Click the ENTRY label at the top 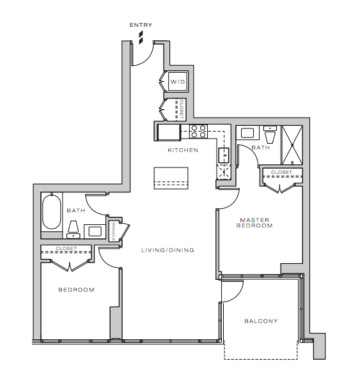(x=141, y=25)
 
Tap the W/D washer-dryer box (x=178, y=82)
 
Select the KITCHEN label (x=183, y=150)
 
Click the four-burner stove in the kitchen (x=198, y=131)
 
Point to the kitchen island (x=171, y=178)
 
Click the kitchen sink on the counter (x=224, y=155)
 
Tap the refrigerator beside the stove (x=169, y=132)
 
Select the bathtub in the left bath (x=52, y=211)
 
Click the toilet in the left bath (x=74, y=229)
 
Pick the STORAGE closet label (x=114, y=231)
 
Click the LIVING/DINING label (x=168, y=250)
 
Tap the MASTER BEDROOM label (x=254, y=223)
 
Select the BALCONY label (x=261, y=321)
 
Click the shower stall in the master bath (x=292, y=145)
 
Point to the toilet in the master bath (x=270, y=134)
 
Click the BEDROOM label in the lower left (x=77, y=290)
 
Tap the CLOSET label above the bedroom (x=67, y=249)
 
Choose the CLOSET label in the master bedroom (x=281, y=172)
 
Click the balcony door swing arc (x=237, y=296)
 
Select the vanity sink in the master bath (x=247, y=133)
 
